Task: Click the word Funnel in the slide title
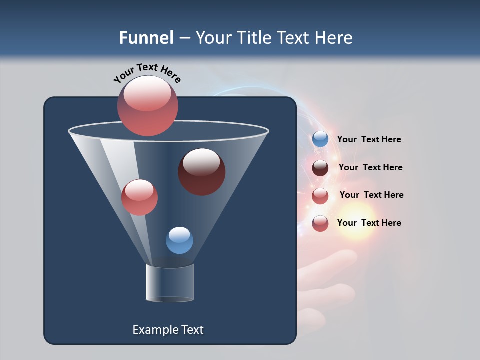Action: coord(146,38)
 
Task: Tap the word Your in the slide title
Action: coord(212,38)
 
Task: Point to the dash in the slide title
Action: coord(184,38)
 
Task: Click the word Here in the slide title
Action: coord(334,38)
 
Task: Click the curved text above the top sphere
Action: coord(147,72)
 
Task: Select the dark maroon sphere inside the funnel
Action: coord(202,172)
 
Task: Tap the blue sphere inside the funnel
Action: coord(179,240)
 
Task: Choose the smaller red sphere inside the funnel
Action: coord(139,197)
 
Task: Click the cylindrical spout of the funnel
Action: coord(169,283)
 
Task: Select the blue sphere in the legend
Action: coord(320,139)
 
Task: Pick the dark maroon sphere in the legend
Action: coord(320,168)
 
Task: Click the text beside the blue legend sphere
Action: coord(369,139)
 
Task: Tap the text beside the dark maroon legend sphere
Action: coord(370,167)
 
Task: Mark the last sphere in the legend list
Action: coord(320,223)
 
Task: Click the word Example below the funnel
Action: coord(155,330)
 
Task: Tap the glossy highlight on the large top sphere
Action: coord(147,94)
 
